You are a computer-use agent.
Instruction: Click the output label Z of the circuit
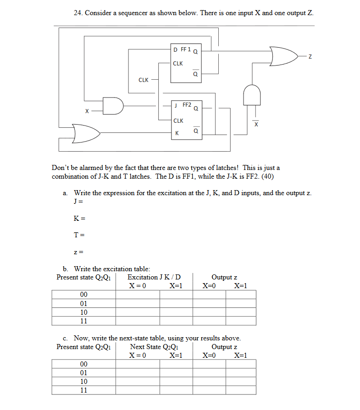coord(310,56)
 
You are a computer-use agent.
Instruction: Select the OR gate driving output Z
coord(283,56)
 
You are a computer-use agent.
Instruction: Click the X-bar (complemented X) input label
coord(256,124)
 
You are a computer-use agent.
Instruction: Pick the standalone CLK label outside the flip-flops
coord(143,80)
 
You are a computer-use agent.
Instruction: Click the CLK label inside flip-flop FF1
coord(178,64)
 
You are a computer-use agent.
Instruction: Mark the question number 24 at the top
coord(78,13)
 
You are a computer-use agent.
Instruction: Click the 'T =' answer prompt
coord(79,235)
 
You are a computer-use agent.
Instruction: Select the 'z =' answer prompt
coord(78,251)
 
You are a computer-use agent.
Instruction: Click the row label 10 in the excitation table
coord(84,312)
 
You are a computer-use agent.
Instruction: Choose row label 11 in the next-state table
coord(84,390)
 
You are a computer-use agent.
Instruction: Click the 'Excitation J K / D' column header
coord(154,277)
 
